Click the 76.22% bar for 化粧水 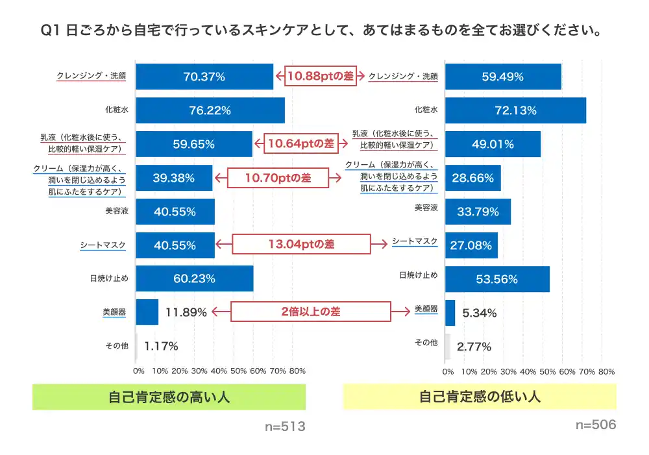click(210, 110)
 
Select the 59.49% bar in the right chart click(503, 77)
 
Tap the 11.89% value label click(186, 312)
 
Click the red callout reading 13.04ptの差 click(301, 244)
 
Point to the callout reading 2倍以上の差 click(311, 312)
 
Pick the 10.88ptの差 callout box click(321, 77)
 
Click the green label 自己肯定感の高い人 click(169, 397)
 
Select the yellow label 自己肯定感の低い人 click(480, 397)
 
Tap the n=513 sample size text click(285, 426)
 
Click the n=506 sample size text click(596, 425)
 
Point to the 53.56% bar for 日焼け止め click(497, 279)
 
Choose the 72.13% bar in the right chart click(515, 110)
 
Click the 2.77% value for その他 click(474, 347)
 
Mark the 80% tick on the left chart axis click(297, 371)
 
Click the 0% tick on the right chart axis click(448, 372)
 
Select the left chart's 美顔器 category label click(114, 312)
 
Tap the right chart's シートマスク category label click(415, 241)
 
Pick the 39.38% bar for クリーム click(174, 178)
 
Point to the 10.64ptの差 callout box click(301, 143)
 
